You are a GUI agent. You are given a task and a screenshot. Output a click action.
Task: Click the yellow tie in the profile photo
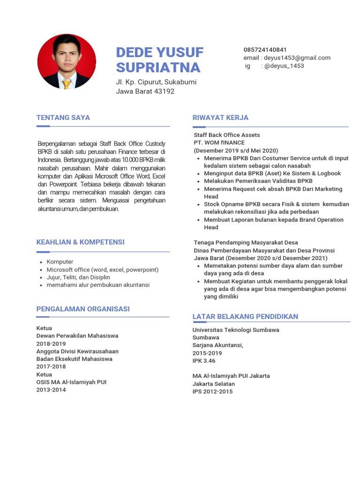67,83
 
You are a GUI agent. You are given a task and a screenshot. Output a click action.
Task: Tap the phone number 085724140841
265,50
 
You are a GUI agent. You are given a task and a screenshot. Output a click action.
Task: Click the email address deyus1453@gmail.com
297,58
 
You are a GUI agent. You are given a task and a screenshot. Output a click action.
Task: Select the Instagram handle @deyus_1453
284,66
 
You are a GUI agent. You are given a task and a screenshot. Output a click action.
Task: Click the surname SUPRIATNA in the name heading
158,67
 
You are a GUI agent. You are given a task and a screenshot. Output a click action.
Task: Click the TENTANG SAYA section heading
63,118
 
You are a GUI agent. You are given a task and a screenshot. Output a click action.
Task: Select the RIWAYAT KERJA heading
220,118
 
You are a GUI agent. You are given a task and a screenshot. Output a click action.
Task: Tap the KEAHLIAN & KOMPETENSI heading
81,242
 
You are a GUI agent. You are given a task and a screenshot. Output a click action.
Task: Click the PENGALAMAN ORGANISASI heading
83,309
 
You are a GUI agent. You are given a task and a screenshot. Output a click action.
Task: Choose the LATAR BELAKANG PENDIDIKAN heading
245,316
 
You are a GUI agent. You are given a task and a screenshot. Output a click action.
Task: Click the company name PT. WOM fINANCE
219,142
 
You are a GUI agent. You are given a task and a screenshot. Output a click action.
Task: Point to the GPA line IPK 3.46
204,360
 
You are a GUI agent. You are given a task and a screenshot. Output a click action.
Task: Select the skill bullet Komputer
60,262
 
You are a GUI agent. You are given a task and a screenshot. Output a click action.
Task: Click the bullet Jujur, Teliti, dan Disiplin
78,277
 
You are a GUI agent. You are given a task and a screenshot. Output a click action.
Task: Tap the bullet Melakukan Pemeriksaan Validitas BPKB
258,181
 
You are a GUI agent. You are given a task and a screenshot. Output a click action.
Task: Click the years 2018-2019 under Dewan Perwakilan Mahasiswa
51,343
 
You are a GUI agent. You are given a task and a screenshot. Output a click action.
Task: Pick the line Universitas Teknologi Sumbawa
235,330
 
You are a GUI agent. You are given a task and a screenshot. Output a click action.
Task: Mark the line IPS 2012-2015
212,391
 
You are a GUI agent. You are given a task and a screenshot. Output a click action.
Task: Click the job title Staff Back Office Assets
226,135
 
